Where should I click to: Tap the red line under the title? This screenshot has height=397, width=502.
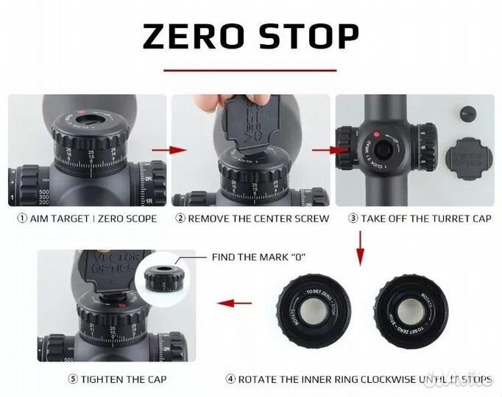[x=250, y=71]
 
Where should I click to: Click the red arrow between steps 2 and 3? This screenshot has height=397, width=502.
[x=323, y=151]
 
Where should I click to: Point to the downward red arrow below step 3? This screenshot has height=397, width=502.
[x=360, y=248]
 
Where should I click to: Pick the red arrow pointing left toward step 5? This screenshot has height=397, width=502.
[x=236, y=302]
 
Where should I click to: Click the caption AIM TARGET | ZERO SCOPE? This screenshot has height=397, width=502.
[x=87, y=218]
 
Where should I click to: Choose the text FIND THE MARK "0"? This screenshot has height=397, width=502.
[x=258, y=257]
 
